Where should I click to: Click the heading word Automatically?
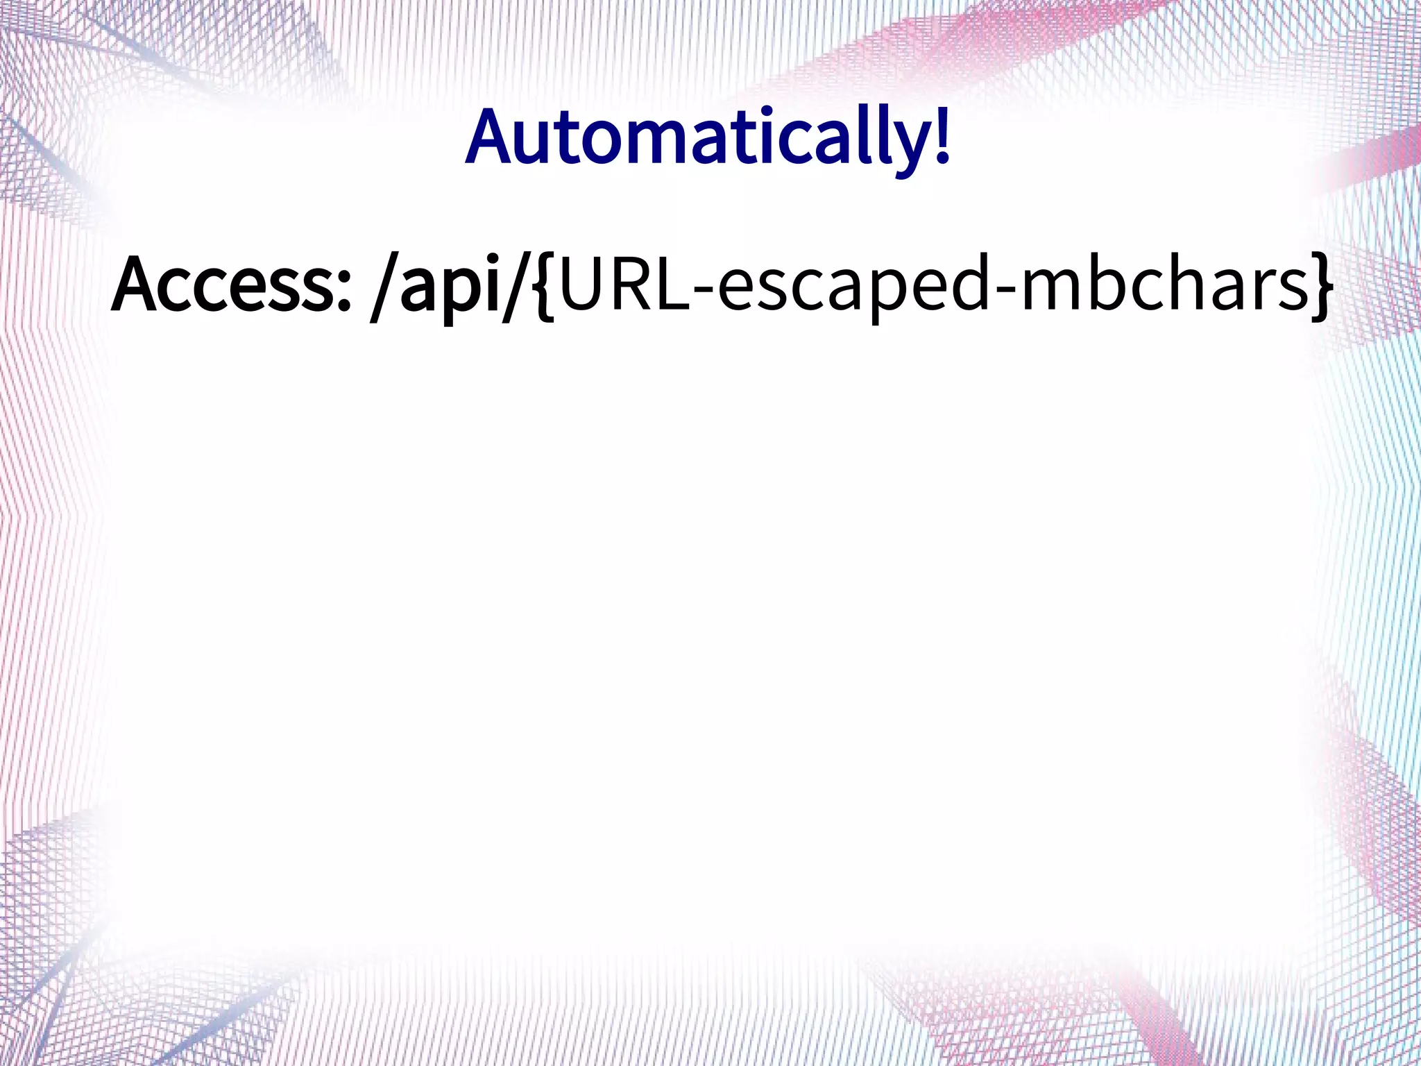(x=708, y=139)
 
